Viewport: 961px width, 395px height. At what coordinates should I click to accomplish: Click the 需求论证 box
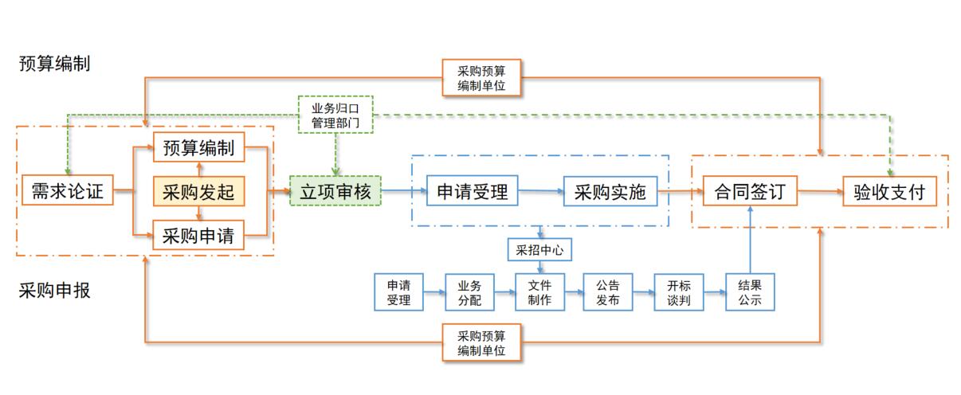[x=67, y=192]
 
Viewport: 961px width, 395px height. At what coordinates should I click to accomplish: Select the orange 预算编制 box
[x=198, y=148]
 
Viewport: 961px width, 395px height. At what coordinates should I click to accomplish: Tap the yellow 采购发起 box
[x=198, y=192]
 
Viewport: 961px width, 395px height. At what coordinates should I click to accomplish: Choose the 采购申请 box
[x=198, y=236]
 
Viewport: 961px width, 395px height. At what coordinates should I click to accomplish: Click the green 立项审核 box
[x=335, y=192]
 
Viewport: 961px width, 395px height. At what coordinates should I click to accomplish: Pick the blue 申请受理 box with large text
[x=473, y=191]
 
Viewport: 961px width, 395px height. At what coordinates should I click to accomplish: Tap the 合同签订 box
[x=751, y=192]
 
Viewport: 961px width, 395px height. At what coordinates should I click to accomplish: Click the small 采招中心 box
[x=539, y=250]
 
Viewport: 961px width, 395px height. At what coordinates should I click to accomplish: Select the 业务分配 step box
[x=469, y=292]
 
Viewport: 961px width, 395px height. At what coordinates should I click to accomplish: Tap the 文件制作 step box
[x=539, y=292]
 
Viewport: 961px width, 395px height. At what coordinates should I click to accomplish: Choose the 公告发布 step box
[x=608, y=292]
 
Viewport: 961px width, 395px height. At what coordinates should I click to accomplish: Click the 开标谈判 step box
[x=678, y=292]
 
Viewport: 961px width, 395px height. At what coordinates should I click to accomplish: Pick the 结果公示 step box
[x=750, y=292]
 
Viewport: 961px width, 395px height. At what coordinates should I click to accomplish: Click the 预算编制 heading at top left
[x=54, y=64]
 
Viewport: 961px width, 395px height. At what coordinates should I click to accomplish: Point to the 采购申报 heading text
[x=54, y=291]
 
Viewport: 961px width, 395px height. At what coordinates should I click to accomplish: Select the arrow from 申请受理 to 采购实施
[x=541, y=192]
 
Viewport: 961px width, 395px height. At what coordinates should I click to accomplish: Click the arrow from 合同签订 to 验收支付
[x=820, y=192]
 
